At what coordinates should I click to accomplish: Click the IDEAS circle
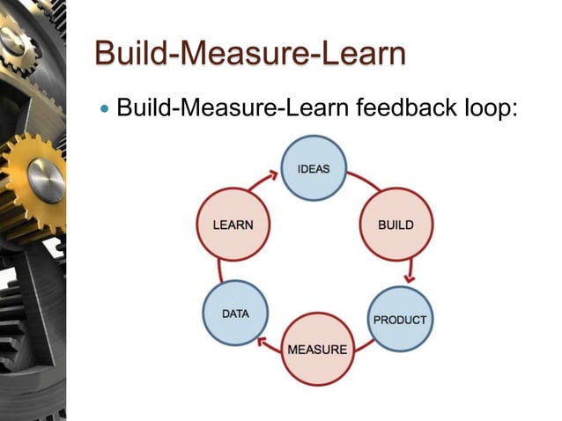pyautogui.click(x=314, y=167)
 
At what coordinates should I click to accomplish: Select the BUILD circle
pyautogui.click(x=396, y=225)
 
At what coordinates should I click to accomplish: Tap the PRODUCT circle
pyautogui.click(x=399, y=318)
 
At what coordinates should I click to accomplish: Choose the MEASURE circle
pyautogui.click(x=317, y=349)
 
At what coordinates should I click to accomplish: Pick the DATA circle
pyautogui.click(x=235, y=314)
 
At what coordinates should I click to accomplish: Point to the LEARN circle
pyautogui.click(x=232, y=225)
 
